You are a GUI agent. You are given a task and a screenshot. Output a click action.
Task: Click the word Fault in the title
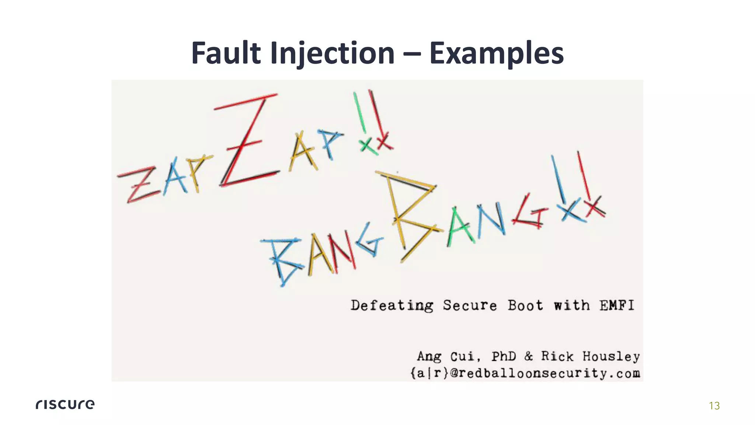coord(226,53)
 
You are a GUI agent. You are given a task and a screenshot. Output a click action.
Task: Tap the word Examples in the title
coord(496,54)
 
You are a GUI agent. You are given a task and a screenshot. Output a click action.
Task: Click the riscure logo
coord(65,404)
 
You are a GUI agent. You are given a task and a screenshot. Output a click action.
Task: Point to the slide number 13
coord(714,406)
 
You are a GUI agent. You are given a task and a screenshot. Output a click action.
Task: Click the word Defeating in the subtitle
coord(392,305)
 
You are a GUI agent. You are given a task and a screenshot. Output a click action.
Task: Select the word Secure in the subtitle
coord(470,305)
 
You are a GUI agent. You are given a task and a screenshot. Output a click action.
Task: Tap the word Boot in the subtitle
coord(525,305)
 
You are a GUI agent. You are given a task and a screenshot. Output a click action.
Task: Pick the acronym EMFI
coord(617,305)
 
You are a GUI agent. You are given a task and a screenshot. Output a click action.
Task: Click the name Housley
coord(611,356)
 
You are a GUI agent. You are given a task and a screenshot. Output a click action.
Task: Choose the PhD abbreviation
coord(504,356)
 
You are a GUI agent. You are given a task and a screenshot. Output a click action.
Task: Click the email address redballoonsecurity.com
coord(545,373)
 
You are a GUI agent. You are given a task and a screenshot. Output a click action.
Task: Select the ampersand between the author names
coord(529,356)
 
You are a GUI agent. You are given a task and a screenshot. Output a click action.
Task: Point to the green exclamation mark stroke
coord(360,113)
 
